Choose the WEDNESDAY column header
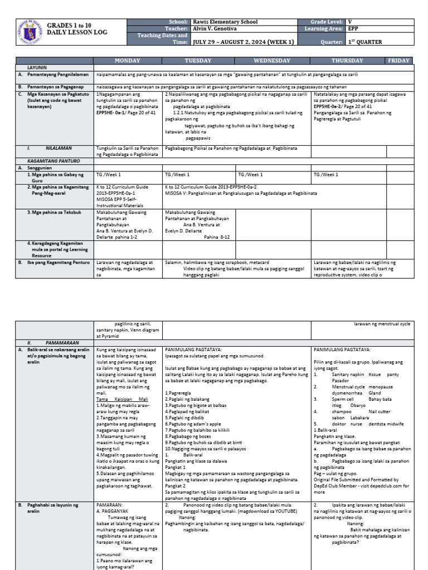[x=272, y=60]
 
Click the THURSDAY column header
[x=347, y=60]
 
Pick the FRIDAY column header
[x=398, y=60]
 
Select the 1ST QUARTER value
[x=365, y=41]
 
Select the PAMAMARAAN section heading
[x=54, y=343]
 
